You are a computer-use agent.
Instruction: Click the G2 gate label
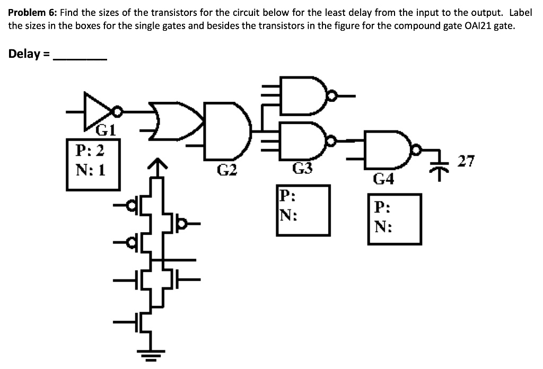coord(227,170)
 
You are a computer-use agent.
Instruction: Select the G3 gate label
coord(303,169)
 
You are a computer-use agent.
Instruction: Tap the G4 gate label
coord(383,179)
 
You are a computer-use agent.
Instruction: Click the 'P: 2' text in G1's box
coord(90,151)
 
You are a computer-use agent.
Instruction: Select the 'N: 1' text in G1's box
coord(90,170)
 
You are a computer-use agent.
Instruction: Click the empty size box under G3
coord(303,210)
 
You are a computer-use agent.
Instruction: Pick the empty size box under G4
coord(395,219)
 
